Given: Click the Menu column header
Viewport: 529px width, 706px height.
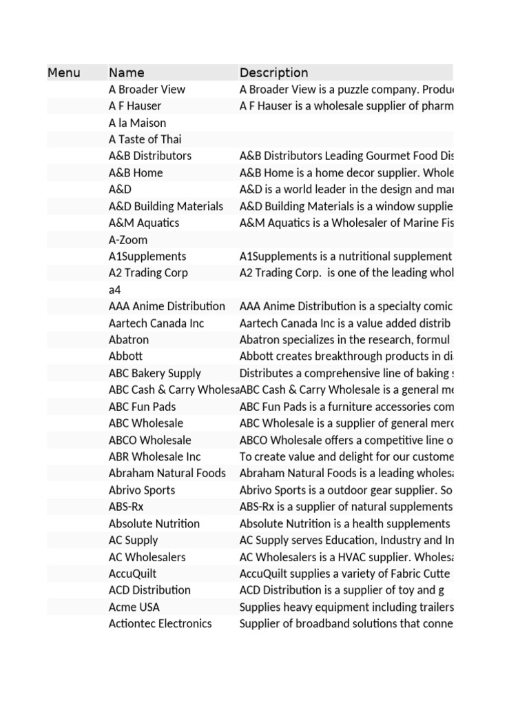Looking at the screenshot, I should point(64,72).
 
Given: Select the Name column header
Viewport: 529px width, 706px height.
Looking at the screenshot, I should point(127,72).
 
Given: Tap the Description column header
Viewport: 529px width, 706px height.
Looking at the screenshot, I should point(273,72).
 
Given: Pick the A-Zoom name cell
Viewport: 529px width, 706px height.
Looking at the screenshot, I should point(128,240).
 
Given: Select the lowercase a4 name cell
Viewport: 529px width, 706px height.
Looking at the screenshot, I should point(115,290).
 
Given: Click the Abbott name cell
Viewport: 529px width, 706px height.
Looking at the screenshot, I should point(125,356).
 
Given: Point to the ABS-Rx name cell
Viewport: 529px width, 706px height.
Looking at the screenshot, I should point(126,507).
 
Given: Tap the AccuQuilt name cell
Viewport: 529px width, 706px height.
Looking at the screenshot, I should point(133,574).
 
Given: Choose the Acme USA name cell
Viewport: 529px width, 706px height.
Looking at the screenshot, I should point(134,607).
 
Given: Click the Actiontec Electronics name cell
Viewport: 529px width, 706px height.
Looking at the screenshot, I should point(160,623).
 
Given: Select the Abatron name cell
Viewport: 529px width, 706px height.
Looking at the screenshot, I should point(129,340).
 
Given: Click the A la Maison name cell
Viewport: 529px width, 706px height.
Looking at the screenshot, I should point(138,123).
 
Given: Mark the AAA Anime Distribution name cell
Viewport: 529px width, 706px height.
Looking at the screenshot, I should point(167,306).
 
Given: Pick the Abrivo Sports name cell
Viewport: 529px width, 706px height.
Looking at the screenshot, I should point(142,490).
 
